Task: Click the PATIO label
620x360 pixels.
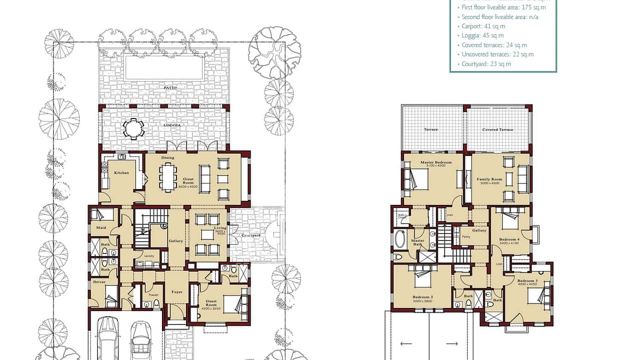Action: (169, 87)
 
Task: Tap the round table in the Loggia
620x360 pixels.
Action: (134, 128)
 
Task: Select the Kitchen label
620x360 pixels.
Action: (121, 173)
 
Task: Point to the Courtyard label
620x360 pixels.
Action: (250, 235)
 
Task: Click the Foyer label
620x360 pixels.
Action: (177, 292)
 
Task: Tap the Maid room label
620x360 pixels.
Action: (101, 228)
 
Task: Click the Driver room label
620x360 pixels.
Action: (99, 282)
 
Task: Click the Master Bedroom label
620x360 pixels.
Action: (436, 162)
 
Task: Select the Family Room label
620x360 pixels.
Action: (489, 179)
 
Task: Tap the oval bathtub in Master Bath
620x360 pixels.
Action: (400, 240)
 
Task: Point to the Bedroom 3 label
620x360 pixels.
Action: (527, 281)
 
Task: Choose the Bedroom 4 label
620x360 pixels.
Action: (509, 239)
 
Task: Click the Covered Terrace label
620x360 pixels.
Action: (497, 129)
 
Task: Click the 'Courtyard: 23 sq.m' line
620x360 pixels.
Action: (486, 64)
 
